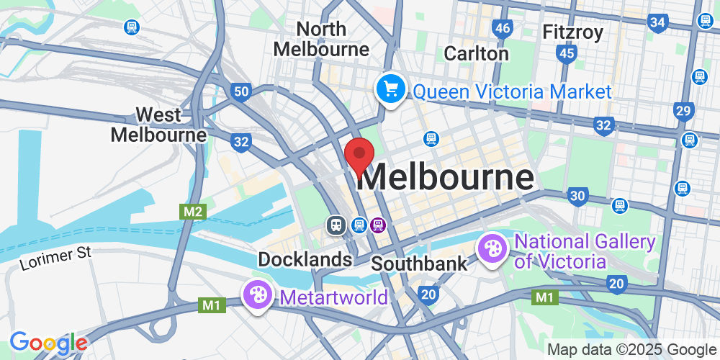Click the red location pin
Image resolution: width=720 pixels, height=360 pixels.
359,156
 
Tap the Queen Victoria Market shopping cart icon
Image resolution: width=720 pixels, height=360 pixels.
391,90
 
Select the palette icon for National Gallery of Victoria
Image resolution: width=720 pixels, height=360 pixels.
493,249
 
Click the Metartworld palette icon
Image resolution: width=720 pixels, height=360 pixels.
257,294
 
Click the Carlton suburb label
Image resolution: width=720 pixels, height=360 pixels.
476,53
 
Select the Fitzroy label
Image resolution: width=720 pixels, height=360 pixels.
573,32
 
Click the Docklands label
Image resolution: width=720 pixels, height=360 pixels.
305,259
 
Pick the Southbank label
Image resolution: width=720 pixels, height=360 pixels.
419,264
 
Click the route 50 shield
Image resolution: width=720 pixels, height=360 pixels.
240,91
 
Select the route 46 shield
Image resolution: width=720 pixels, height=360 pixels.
503,29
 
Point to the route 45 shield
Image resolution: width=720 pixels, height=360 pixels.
567,53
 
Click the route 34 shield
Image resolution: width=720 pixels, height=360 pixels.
657,22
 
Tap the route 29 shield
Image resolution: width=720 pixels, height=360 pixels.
683,110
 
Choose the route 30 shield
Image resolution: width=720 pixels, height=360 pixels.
577,195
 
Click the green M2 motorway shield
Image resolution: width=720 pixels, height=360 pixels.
192,212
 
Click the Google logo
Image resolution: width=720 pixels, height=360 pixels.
48,343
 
